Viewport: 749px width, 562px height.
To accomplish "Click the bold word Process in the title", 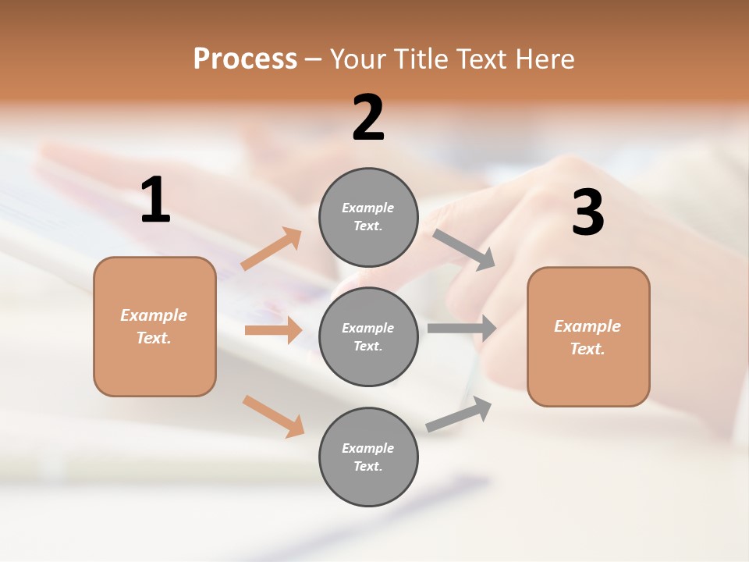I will [x=245, y=59].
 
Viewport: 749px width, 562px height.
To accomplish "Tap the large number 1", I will [x=155, y=201].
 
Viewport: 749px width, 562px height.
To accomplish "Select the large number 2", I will [x=368, y=118].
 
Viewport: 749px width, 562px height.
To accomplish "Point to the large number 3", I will [x=587, y=213].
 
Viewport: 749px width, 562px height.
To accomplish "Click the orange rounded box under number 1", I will [x=154, y=326].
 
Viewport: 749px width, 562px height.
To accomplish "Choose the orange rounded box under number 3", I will [x=588, y=336].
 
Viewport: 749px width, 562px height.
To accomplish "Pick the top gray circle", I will [x=368, y=217].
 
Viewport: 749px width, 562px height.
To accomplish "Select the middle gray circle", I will [x=368, y=336].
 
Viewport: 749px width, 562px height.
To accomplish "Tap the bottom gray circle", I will [x=368, y=457].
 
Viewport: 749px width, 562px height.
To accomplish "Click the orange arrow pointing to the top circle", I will [x=272, y=249].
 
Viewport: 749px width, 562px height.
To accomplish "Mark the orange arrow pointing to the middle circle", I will [x=273, y=330].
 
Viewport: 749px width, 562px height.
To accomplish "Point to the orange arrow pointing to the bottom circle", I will [x=273, y=416].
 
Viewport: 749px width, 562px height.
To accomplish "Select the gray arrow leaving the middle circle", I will [x=462, y=328].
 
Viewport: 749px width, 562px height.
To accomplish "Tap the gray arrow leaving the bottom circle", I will [x=459, y=414].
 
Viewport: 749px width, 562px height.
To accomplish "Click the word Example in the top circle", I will [x=367, y=208].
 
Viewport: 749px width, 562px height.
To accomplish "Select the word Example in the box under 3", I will [x=587, y=326].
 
